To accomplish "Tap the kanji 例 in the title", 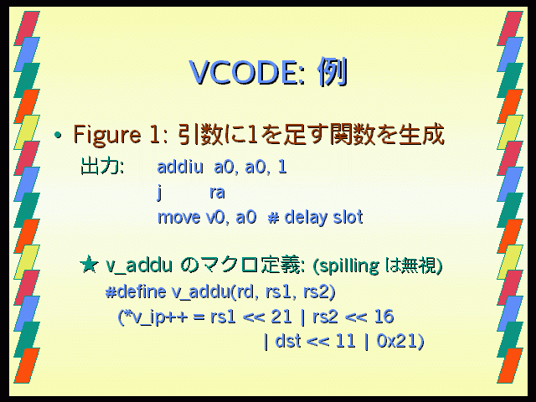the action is tap(332, 72).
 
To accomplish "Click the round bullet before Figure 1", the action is tap(58, 136).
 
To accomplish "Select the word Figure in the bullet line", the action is tap(107, 135).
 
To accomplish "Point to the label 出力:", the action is tap(102, 167).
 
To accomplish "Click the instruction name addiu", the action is tap(180, 167).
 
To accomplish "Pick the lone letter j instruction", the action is tap(159, 193).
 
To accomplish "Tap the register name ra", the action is tap(218, 193).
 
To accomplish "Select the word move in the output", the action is tap(178, 218).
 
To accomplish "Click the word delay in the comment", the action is tap(306, 218).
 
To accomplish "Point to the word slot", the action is tap(348, 217).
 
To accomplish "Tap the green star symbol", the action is tap(89, 265).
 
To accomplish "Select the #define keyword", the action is tap(136, 291).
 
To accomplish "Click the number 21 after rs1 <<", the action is tap(281, 317).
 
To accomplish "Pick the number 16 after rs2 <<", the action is tap(384, 317).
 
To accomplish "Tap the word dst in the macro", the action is tap(288, 341).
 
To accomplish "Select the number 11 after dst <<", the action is tap(345, 341).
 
